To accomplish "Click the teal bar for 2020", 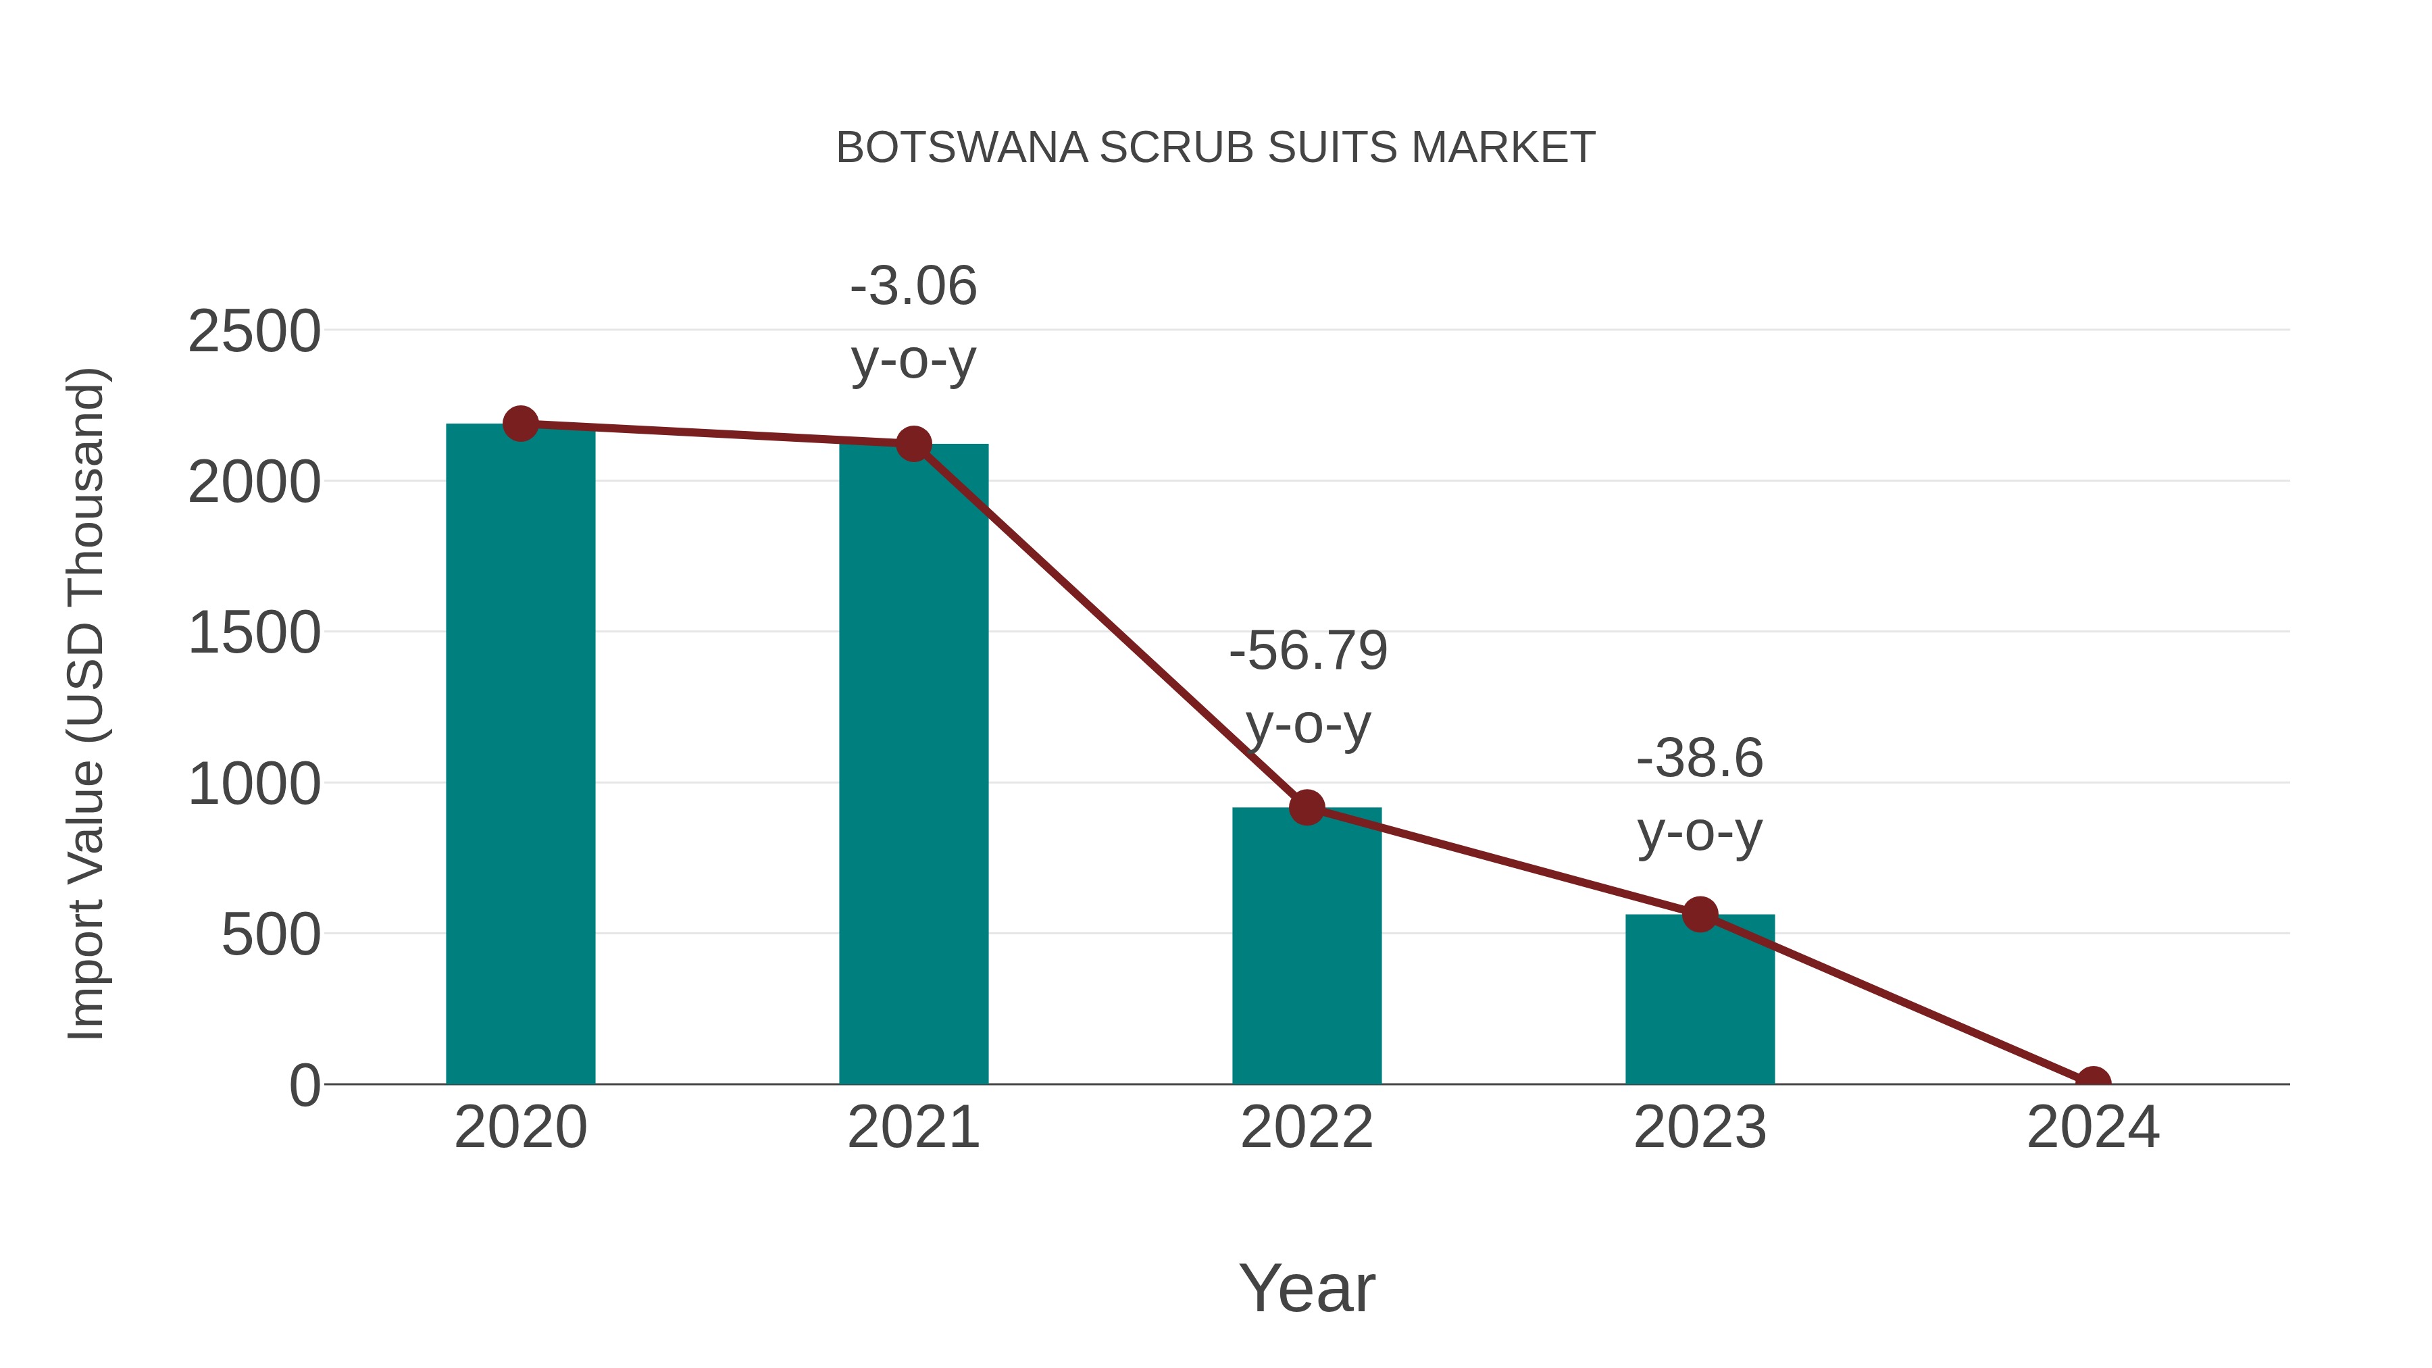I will coord(520,755).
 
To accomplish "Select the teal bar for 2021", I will coord(913,765).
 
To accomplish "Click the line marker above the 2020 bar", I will coord(520,424).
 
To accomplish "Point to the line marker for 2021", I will coord(913,444).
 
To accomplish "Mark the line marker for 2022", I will coord(1307,807).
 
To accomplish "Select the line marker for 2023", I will coord(1700,914).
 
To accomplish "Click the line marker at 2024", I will coord(2093,1082).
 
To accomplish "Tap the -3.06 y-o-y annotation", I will coord(913,323).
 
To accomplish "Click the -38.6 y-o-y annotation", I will coord(1700,795).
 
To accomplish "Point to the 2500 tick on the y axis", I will coord(254,332).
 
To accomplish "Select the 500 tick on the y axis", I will coord(270,935).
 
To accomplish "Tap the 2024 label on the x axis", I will coord(2093,1128).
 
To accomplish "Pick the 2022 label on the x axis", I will coord(1307,1128).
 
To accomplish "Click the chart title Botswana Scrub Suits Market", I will coord(1215,148).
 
